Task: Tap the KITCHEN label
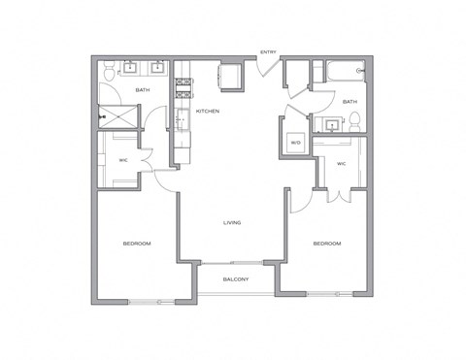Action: coord(207,112)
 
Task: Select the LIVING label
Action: coord(232,223)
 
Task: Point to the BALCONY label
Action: coord(235,279)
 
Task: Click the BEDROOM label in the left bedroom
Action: coord(136,244)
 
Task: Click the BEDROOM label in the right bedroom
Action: coord(327,244)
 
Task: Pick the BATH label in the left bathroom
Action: coord(143,90)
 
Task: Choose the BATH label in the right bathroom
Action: coord(349,101)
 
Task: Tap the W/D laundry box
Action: coord(295,142)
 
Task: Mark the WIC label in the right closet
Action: coord(341,164)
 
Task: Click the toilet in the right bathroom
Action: coord(355,120)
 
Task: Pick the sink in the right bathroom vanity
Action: coord(333,123)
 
